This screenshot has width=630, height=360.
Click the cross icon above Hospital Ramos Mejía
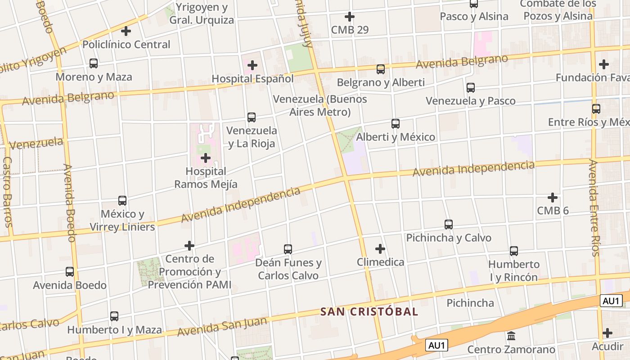coord(206,158)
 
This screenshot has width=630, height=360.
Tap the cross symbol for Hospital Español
coord(252,65)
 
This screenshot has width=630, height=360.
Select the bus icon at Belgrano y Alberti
coord(381,69)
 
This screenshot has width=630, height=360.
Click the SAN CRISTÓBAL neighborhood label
coord(369,311)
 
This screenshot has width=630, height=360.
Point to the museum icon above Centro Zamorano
coord(511,336)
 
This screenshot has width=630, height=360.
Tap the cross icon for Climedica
coord(380,248)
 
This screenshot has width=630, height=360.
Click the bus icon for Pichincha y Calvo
coord(448,224)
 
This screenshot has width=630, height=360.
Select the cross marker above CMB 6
coord(553,197)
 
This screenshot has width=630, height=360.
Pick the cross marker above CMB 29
coord(349,17)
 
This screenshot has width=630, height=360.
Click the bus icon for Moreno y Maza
coord(94,63)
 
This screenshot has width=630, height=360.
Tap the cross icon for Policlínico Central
coord(126,31)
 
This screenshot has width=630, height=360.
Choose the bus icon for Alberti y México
coord(396,123)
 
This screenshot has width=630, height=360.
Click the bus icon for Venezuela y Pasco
coord(471,88)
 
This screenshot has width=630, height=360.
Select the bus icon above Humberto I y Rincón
coord(514,251)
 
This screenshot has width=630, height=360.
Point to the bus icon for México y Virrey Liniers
coord(122,200)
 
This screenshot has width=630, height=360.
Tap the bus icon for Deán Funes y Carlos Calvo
coord(288,249)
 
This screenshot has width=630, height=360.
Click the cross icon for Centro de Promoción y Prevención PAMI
coord(189,246)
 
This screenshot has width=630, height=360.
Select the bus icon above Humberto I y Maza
coord(114,316)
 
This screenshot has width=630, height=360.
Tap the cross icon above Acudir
coord(607,333)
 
